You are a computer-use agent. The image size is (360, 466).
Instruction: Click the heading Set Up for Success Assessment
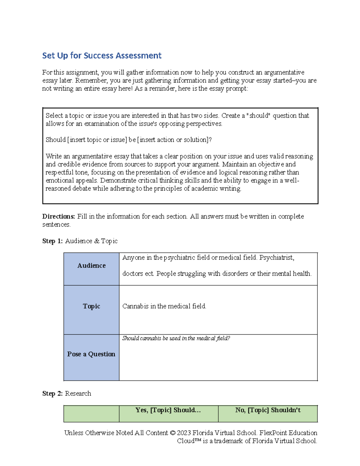[x=102, y=56]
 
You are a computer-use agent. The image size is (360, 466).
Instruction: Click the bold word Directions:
[x=58, y=216]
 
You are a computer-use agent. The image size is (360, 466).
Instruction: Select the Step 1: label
[x=52, y=241]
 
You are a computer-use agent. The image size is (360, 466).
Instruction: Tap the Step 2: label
[x=52, y=393]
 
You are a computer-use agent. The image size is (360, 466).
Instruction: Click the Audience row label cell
[x=91, y=266]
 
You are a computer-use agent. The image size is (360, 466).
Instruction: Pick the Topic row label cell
[x=91, y=306]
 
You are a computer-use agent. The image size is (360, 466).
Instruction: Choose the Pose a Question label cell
[x=91, y=354]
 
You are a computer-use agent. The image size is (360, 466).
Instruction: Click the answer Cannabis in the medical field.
[x=164, y=306]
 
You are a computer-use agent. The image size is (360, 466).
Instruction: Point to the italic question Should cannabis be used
[x=176, y=338]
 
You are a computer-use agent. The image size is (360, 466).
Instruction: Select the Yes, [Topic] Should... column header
[x=168, y=410]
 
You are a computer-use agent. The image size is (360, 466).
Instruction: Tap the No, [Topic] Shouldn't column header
[x=268, y=410]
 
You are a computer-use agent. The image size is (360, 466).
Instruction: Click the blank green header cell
[x=91, y=413]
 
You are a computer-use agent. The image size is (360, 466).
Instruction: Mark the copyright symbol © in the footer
[x=172, y=433]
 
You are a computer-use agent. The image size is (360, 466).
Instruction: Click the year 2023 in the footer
[x=184, y=433]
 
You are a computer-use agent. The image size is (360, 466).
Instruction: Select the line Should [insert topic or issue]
[x=129, y=140]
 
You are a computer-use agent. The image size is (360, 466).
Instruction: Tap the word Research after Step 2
[x=78, y=393]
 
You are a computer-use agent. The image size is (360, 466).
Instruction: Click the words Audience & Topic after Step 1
[x=91, y=241]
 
